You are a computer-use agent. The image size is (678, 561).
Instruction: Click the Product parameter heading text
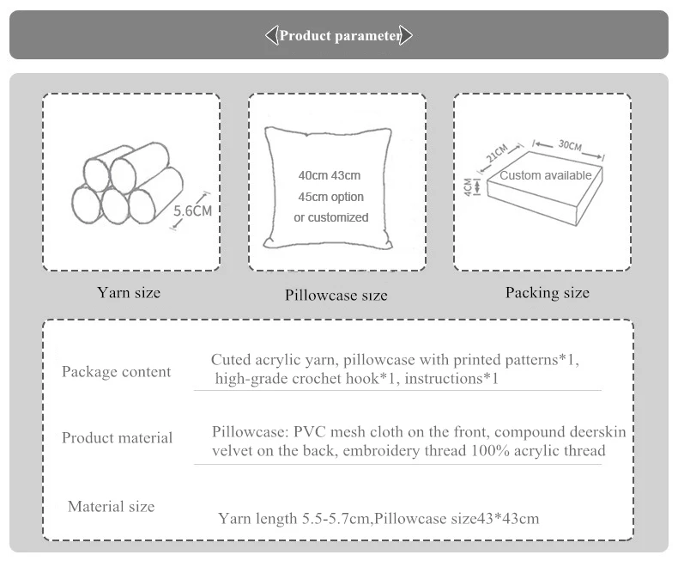(340, 36)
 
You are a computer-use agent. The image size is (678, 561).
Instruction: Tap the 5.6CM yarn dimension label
(192, 210)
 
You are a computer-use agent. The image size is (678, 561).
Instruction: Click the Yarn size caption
(129, 293)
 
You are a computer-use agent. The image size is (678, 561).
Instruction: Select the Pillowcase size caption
(336, 296)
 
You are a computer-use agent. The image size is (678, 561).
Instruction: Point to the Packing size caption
(548, 293)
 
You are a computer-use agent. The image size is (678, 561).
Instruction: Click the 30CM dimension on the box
(569, 145)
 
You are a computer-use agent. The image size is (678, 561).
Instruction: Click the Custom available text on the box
(546, 175)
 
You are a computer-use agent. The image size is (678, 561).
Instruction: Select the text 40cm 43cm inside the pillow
(330, 175)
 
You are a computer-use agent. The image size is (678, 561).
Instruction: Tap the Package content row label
(117, 372)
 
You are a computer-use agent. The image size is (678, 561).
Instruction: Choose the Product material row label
(118, 438)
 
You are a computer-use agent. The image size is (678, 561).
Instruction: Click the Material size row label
(112, 507)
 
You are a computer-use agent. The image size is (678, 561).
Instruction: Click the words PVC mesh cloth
(346, 430)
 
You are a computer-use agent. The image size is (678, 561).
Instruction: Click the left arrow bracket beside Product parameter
(271, 36)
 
